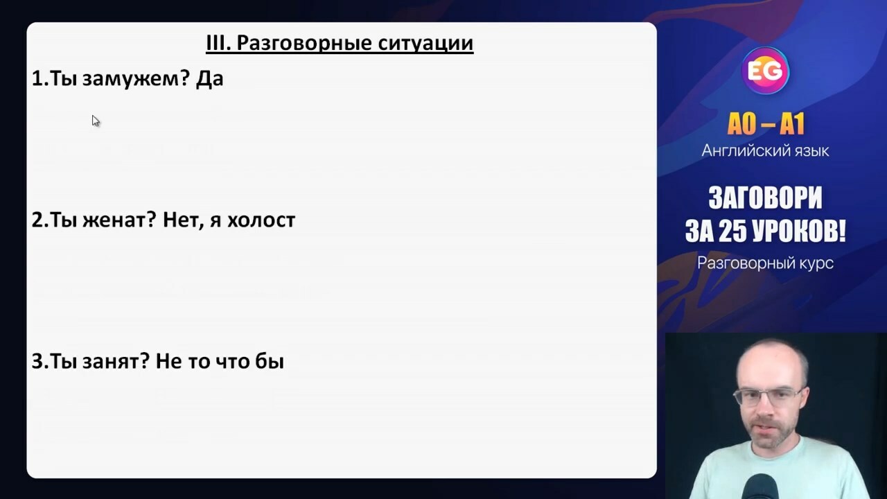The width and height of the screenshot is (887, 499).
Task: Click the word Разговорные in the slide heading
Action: point(304,43)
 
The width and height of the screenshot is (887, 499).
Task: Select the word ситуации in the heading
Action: point(425,43)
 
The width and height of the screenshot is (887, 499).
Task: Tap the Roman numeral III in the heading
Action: point(218,42)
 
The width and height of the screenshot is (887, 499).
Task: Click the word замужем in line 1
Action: point(131,79)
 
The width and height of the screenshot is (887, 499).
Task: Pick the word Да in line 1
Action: point(210,79)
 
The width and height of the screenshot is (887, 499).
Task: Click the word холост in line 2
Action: point(261,220)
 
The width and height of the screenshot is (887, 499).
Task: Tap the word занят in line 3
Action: point(116,361)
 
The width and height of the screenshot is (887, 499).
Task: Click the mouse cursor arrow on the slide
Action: point(96,121)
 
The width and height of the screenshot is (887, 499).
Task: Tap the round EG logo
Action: point(765,71)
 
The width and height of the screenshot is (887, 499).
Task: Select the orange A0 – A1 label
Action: point(766,124)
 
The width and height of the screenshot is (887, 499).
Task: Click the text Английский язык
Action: point(765,151)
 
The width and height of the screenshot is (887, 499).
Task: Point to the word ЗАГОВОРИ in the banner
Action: point(765,198)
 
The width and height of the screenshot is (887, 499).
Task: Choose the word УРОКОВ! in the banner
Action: point(799,231)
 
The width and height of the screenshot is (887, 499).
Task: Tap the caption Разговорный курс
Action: point(765,263)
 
